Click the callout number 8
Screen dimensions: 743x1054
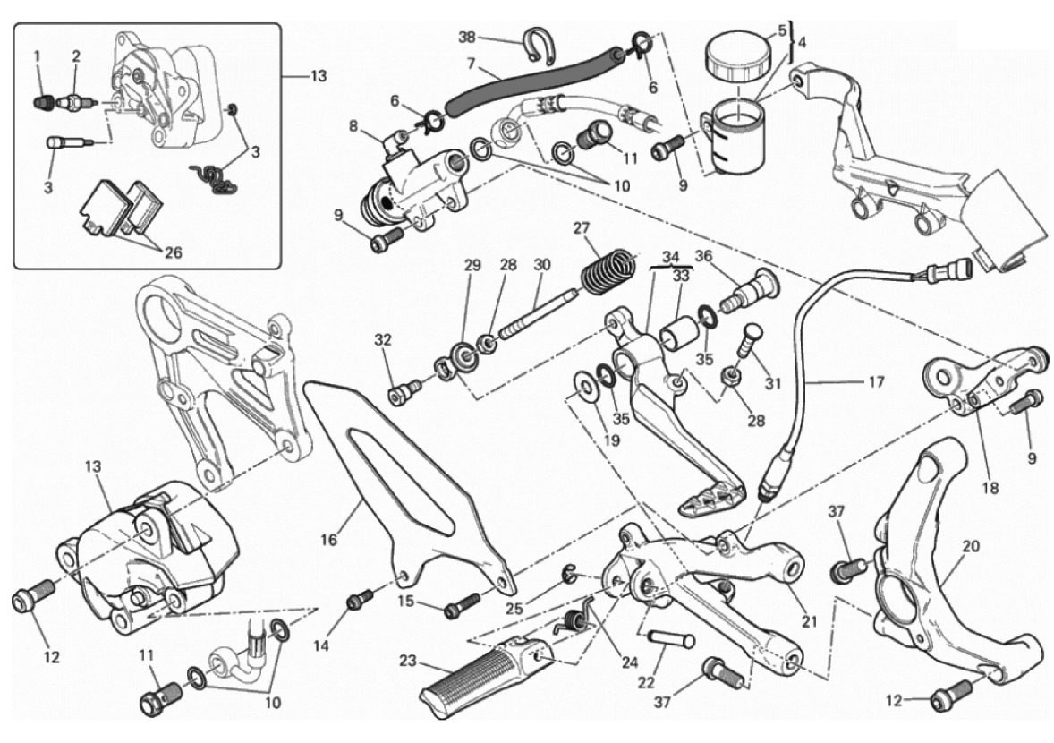click(x=355, y=127)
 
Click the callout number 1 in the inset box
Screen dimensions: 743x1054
click(x=38, y=56)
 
